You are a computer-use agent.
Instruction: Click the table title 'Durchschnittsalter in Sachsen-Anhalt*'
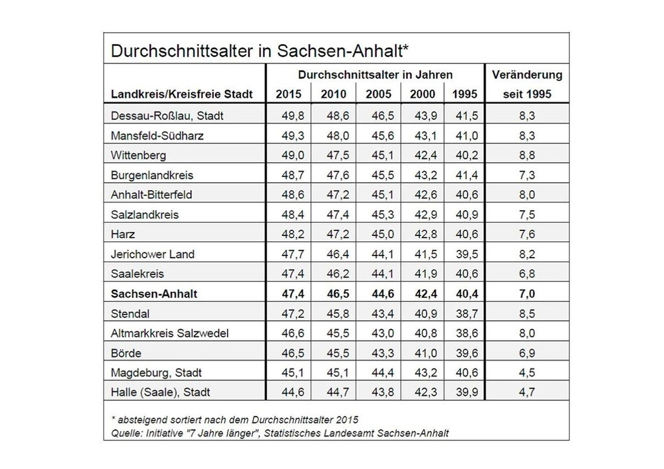click(259, 51)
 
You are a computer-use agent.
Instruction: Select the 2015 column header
click(289, 94)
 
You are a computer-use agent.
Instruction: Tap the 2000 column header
click(422, 94)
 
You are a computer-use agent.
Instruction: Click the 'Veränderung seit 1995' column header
click(527, 84)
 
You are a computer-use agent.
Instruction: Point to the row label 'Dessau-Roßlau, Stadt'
click(167, 116)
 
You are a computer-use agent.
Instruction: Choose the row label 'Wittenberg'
click(139, 156)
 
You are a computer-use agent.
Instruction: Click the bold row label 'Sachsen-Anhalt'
click(154, 294)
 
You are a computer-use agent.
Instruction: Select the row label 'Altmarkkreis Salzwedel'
click(170, 333)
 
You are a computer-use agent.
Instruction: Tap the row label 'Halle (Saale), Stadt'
click(161, 392)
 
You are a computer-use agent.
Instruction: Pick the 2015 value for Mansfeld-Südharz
click(293, 136)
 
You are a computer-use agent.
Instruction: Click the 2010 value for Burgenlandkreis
click(338, 175)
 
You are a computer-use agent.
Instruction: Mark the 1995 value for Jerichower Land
click(467, 254)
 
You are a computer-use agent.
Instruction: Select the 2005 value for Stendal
click(383, 313)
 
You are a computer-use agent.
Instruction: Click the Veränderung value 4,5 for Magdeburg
click(527, 373)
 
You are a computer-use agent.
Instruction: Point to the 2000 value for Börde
click(425, 353)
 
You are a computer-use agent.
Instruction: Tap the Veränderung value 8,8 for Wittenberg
click(527, 156)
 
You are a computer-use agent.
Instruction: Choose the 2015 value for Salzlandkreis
click(293, 215)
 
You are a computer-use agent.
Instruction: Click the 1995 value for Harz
click(467, 234)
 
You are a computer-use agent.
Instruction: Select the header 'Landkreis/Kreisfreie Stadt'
click(182, 94)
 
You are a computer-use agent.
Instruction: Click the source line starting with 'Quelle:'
click(280, 433)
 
